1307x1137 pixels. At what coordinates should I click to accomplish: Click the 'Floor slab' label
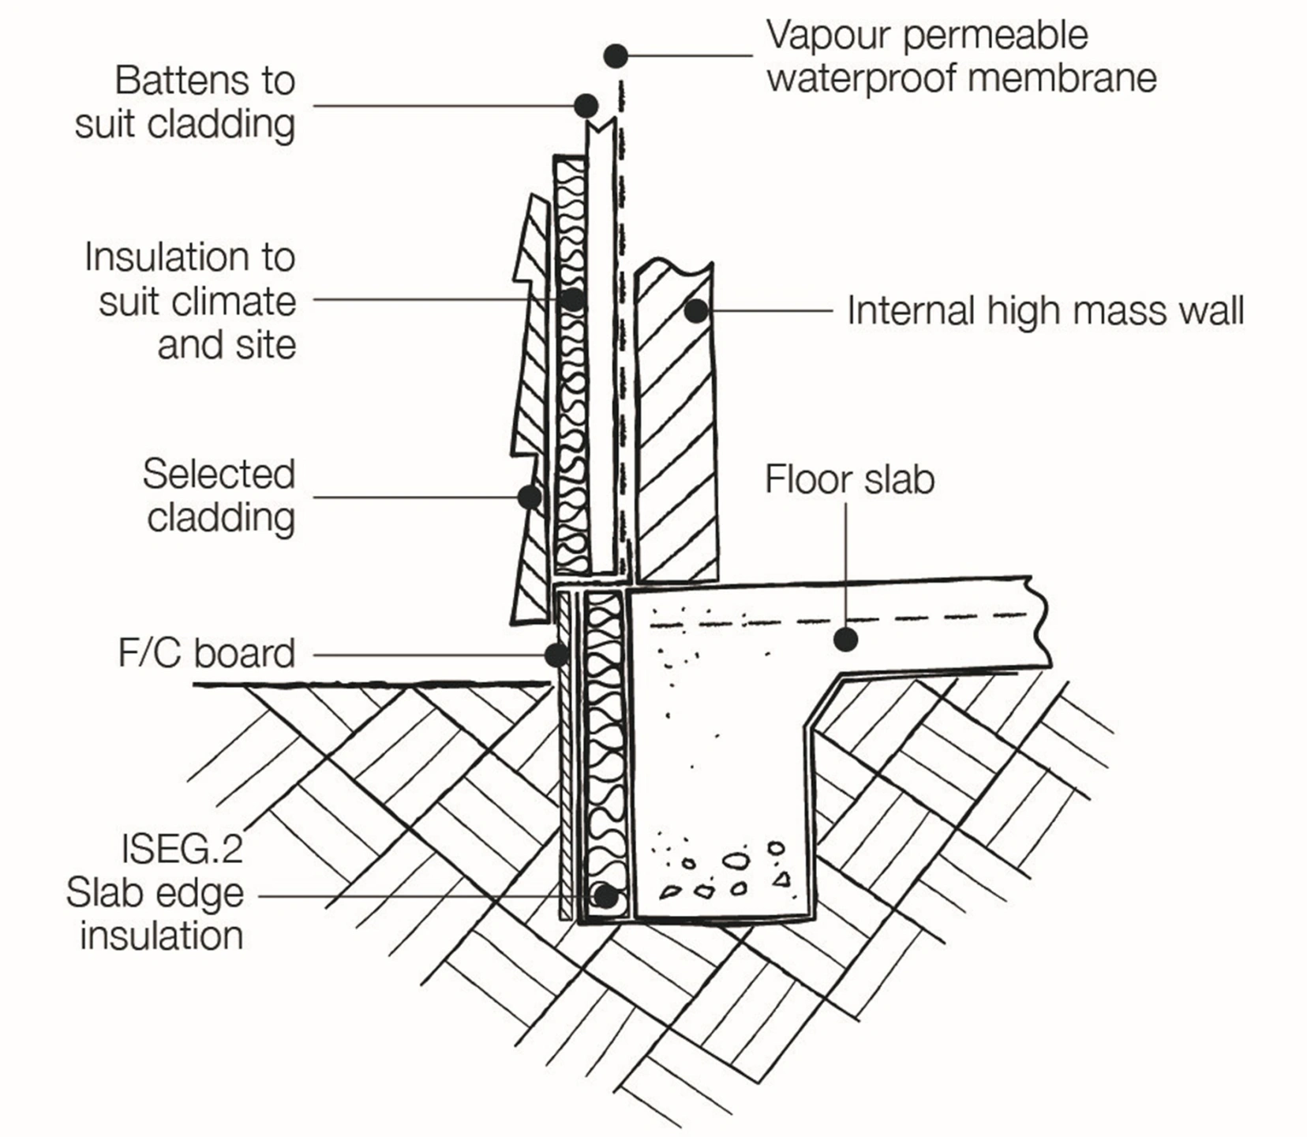[849, 480]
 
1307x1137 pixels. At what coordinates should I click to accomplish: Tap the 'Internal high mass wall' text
[1045, 310]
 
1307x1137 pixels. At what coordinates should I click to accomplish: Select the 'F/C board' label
[206, 654]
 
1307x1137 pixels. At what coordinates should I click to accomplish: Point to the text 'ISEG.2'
[182, 850]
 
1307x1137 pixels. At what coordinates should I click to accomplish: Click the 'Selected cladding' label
[219, 496]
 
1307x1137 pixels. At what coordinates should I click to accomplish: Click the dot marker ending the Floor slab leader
[845, 639]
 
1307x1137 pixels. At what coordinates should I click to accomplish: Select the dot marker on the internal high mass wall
[695, 310]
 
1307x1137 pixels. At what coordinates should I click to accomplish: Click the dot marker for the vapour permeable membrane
[616, 56]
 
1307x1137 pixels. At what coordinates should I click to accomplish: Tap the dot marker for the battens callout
[586, 105]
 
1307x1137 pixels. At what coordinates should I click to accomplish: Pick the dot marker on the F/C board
[556, 655]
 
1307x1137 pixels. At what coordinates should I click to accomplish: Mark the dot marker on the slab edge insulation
[605, 896]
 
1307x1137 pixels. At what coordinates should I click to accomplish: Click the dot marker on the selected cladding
[530, 497]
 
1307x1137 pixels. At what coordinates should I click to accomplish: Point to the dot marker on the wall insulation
[573, 300]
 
